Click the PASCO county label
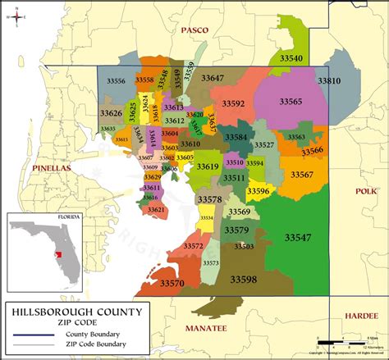click(194, 30)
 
